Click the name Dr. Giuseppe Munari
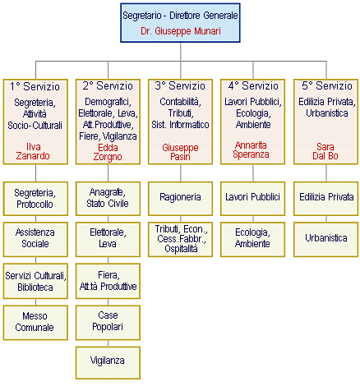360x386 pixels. click(x=181, y=31)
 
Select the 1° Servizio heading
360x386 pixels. click(x=35, y=86)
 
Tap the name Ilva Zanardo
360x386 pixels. click(x=33, y=151)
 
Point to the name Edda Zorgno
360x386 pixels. click(x=108, y=152)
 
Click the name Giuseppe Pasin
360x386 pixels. click(x=180, y=152)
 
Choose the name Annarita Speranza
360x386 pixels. click(x=251, y=149)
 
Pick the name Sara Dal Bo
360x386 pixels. click(x=325, y=151)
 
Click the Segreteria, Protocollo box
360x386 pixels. click(x=35, y=199)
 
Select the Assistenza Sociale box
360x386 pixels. click(x=35, y=239)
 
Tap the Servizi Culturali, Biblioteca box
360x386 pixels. click(x=35, y=281)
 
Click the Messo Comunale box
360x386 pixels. click(x=35, y=323)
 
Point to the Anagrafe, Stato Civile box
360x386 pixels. click(x=108, y=199)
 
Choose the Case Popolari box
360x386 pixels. click(x=108, y=323)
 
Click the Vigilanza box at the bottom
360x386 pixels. click(x=108, y=363)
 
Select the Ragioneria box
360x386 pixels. click(x=180, y=199)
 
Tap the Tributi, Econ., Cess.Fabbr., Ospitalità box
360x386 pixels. click(x=180, y=239)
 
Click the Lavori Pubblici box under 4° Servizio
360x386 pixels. click(x=252, y=199)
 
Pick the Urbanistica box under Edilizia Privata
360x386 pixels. click(x=325, y=239)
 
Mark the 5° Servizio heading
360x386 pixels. click(x=327, y=86)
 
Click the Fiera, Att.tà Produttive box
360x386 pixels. click(x=108, y=281)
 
